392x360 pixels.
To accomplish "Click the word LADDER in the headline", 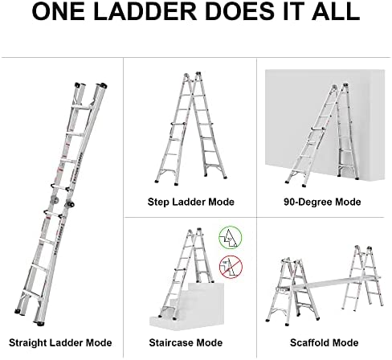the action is pos(145,11).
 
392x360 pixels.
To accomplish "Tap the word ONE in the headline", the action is pos(59,11).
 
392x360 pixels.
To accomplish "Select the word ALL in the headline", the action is pos(336,11).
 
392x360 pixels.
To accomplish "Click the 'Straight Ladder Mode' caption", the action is pos(60,342).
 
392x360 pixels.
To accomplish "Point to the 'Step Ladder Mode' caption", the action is pos(191,202).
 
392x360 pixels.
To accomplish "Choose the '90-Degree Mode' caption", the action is pos(322,202).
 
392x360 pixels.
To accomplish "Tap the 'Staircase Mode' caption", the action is pos(186,342).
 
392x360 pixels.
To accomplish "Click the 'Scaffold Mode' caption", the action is pos(324,342).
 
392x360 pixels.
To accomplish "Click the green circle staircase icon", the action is pos(230,237).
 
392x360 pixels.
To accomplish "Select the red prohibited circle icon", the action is pos(231,267).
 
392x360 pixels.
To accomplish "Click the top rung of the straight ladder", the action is pos(82,107).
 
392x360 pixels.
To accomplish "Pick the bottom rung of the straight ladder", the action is pos(32,292).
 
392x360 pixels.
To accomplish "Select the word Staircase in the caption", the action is pos(172,342).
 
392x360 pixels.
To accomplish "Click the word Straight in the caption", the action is pos(28,342).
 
